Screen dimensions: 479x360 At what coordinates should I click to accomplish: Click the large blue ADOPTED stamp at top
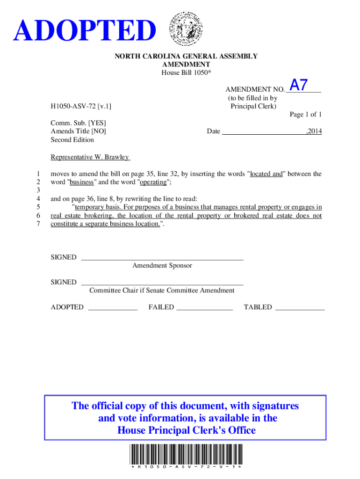click(x=85, y=31)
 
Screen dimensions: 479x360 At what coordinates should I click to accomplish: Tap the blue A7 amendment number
click(x=299, y=85)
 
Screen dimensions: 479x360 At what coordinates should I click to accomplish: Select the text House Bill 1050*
click(x=186, y=73)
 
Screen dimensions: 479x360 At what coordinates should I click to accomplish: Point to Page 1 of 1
click(x=306, y=115)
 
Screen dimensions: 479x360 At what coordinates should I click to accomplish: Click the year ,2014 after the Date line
click(x=314, y=131)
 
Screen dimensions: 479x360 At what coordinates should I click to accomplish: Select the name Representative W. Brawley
click(x=90, y=157)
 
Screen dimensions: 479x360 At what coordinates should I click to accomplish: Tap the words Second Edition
click(x=72, y=140)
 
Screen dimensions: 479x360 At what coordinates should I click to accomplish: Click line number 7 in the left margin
click(x=38, y=224)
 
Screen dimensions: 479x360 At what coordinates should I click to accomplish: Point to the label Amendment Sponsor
click(x=162, y=266)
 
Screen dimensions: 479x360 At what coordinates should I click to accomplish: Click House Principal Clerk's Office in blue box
click(x=186, y=430)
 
